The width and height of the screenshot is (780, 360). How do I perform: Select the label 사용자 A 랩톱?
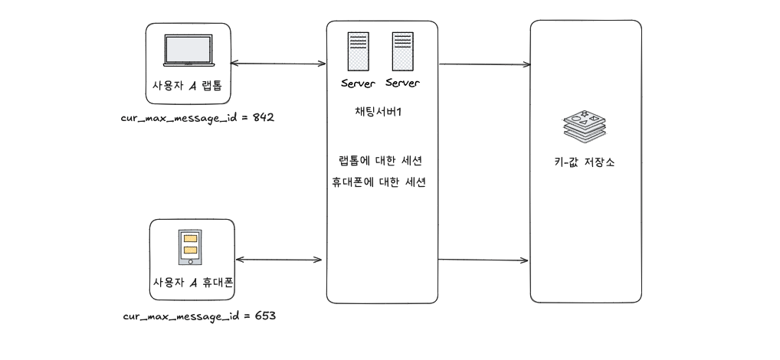tap(187, 83)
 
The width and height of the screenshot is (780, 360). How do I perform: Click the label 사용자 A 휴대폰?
tap(192, 283)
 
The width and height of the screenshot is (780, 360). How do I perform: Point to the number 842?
tap(262, 119)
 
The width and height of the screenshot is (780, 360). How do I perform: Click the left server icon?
tap(356, 52)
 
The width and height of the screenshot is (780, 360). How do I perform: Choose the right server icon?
tap(402, 51)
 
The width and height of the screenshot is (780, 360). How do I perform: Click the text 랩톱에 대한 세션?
tap(380, 162)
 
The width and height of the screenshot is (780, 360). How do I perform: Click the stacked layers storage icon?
tap(585, 126)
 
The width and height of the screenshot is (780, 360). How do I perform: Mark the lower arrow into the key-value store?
tap(484, 260)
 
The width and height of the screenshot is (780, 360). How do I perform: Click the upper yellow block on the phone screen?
tap(191, 238)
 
